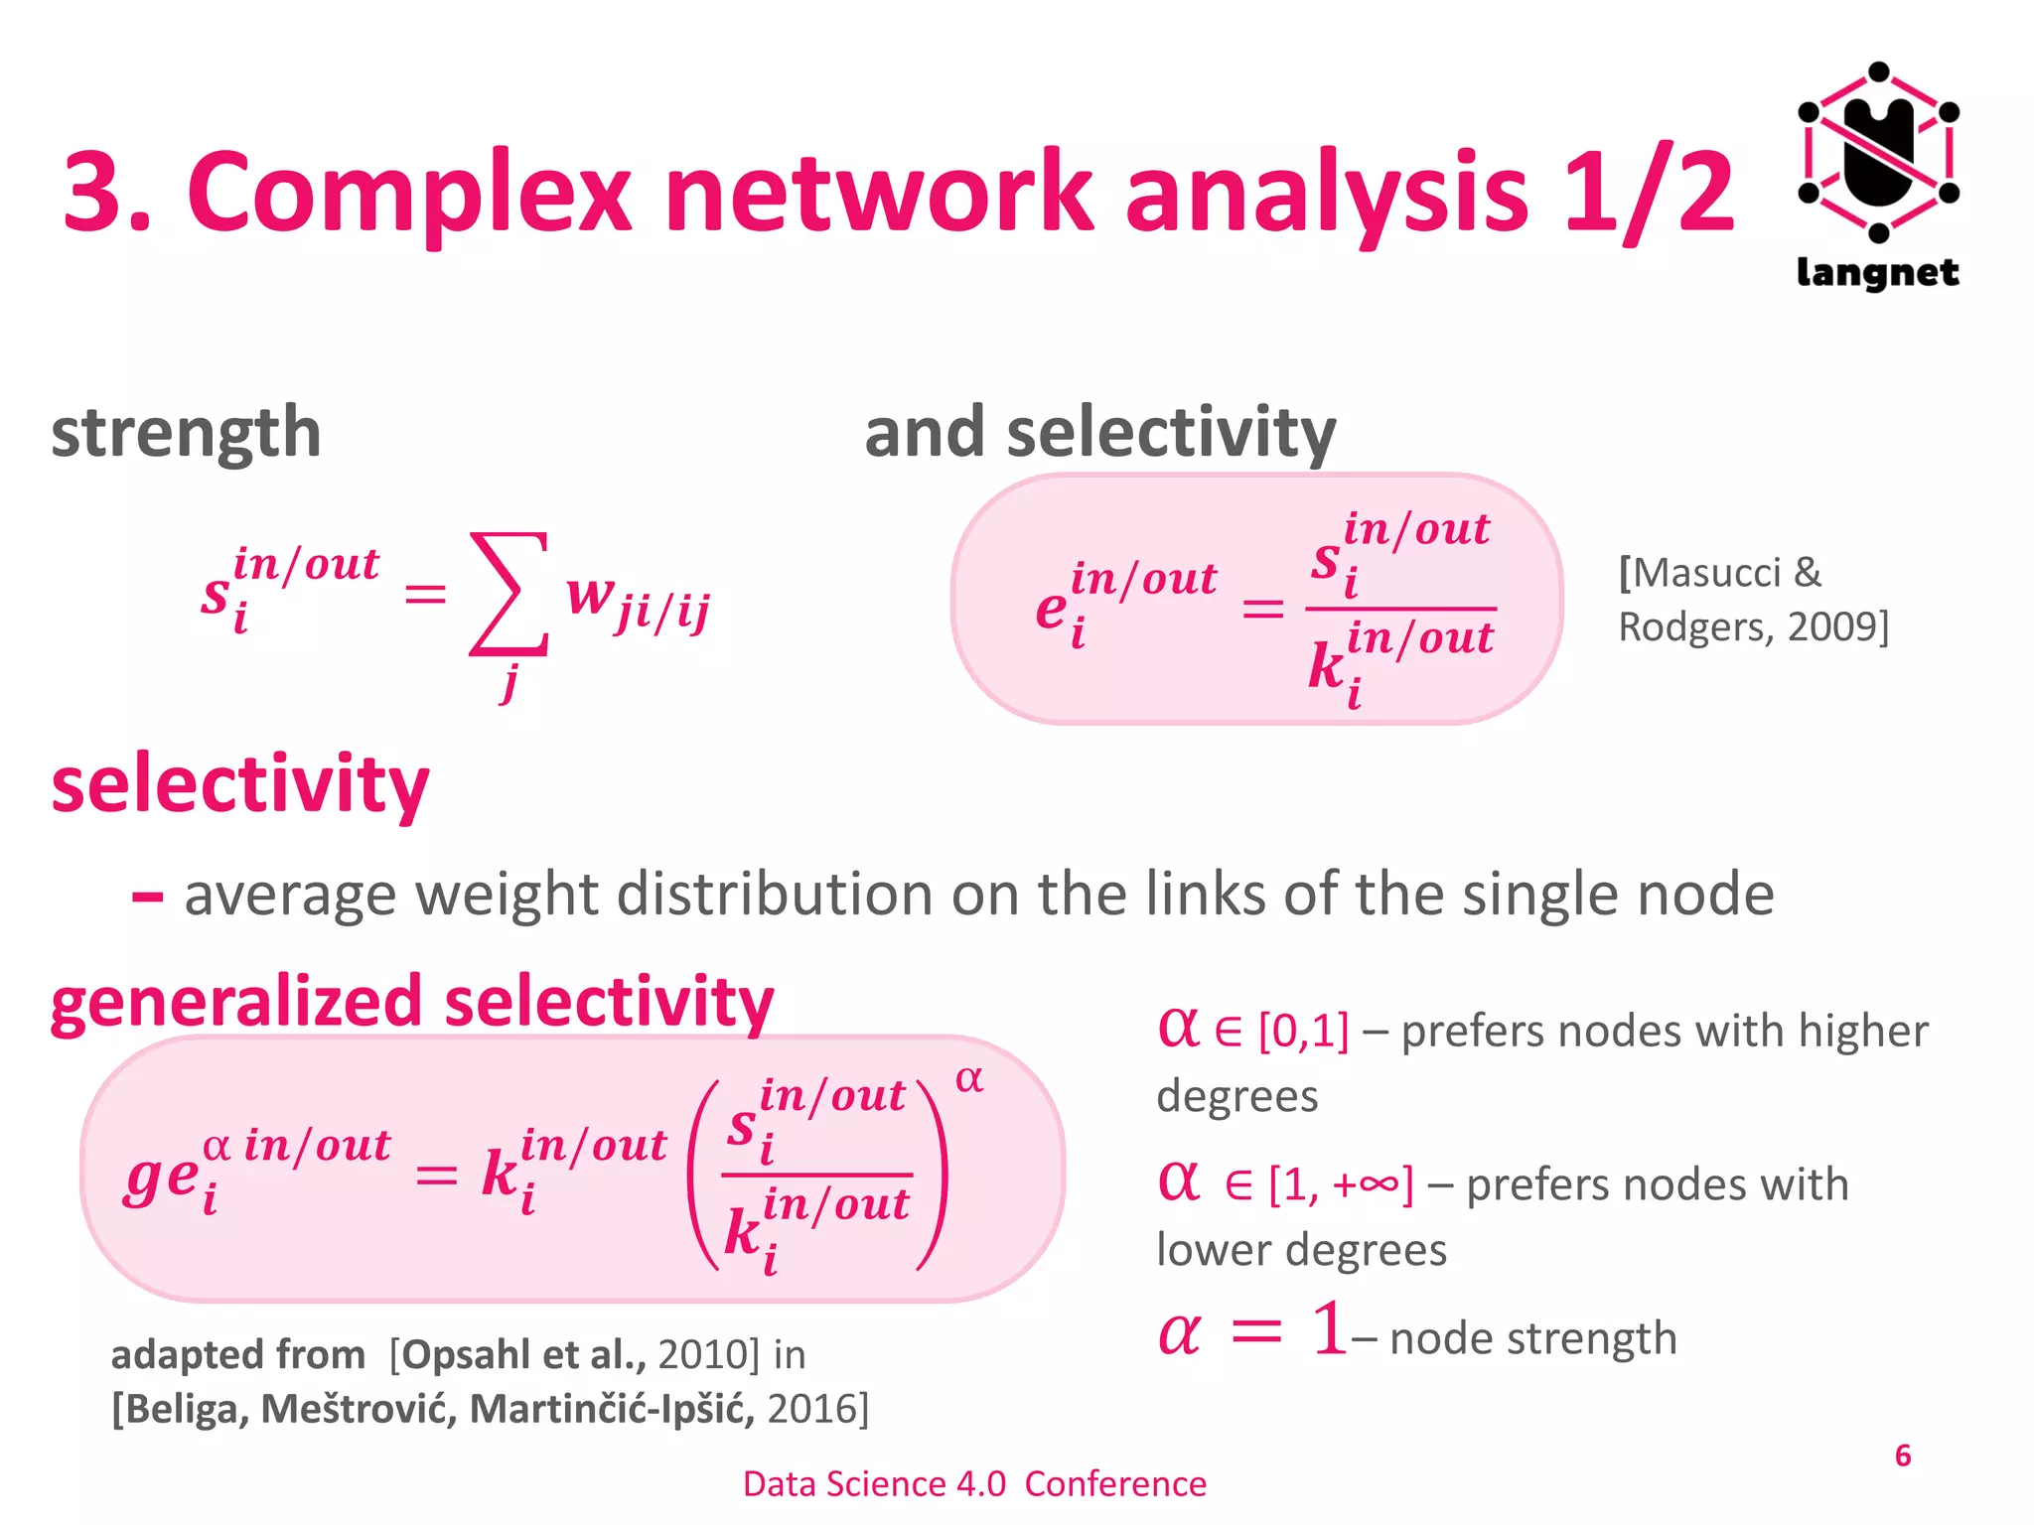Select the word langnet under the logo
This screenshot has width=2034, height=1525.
1878,272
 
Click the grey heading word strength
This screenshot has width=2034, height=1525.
186,433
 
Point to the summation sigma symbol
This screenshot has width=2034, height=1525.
508,594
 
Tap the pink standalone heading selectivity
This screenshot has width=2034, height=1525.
239,784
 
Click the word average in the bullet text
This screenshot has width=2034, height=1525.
292,895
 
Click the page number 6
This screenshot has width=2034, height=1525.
1903,1456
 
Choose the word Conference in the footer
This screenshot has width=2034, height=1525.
1115,1484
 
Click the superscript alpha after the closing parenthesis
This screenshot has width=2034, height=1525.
969,1079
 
